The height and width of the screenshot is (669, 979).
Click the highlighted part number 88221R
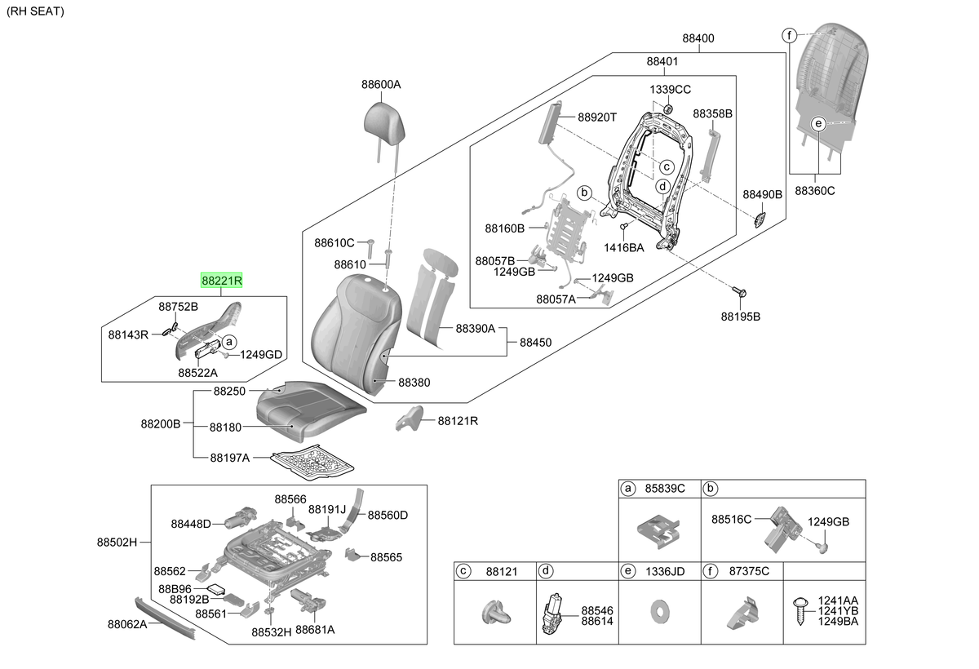[x=222, y=280]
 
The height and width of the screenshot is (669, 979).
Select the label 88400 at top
[x=698, y=38]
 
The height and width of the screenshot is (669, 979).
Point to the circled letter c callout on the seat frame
[x=666, y=167]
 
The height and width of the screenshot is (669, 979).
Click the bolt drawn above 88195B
[x=739, y=292]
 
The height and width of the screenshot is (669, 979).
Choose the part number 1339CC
[x=670, y=90]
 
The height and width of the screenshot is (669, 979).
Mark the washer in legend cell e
[x=659, y=611]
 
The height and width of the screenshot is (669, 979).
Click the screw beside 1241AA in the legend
[x=800, y=611]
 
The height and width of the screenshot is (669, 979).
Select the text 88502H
[x=117, y=543]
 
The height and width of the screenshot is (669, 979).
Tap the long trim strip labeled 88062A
[x=165, y=618]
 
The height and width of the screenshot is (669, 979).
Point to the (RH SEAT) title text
[x=35, y=11]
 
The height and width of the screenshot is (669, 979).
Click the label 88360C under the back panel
[x=815, y=191]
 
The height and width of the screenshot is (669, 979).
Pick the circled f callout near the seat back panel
[x=790, y=35]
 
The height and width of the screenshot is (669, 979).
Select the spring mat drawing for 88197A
[x=312, y=463]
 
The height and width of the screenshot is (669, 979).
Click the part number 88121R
[x=458, y=421]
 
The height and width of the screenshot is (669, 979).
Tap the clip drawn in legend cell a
[x=658, y=531]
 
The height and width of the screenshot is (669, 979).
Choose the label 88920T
[x=597, y=117]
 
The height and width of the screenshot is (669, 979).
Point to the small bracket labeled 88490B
[x=760, y=219]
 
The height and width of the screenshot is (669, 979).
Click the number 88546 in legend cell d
[x=597, y=610]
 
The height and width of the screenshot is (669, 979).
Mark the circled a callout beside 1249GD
[x=228, y=342]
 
